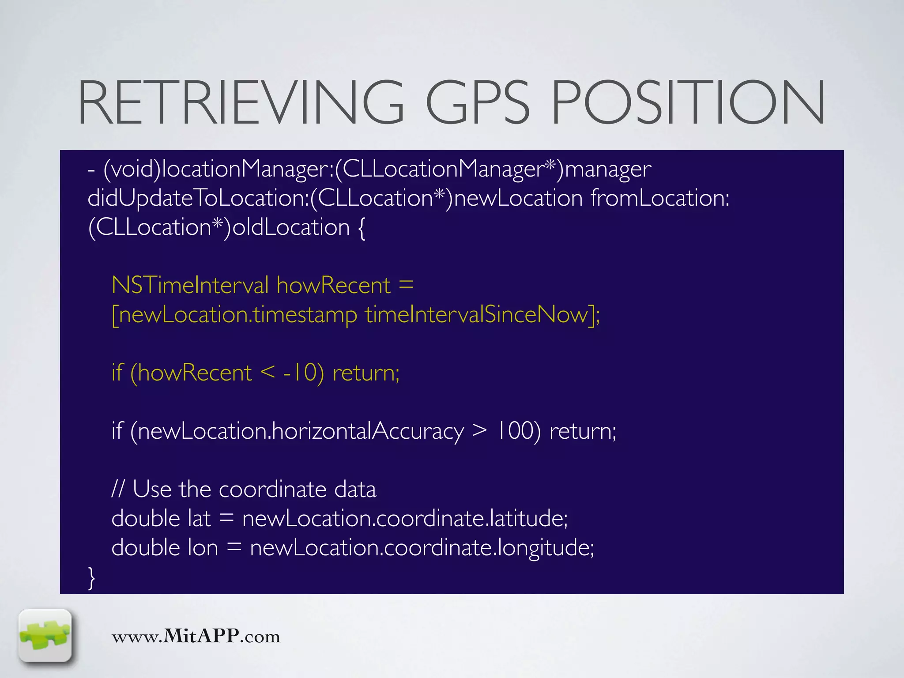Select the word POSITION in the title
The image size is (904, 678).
point(688,102)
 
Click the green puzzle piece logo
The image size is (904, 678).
point(45,636)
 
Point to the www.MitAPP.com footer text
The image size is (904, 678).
point(196,636)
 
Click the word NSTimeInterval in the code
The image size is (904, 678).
point(190,285)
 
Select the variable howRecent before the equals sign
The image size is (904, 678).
point(334,285)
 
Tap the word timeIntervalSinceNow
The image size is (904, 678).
point(477,315)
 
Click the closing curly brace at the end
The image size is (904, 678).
point(92,577)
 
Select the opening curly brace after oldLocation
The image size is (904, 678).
point(361,228)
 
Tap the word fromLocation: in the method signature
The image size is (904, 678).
point(660,198)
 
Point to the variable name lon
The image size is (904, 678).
point(203,548)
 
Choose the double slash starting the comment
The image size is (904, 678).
point(118,489)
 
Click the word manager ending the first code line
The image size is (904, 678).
point(608,169)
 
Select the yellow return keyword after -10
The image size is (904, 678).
point(366,373)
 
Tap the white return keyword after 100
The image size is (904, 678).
point(583,431)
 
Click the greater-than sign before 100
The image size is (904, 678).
point(479,431)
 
